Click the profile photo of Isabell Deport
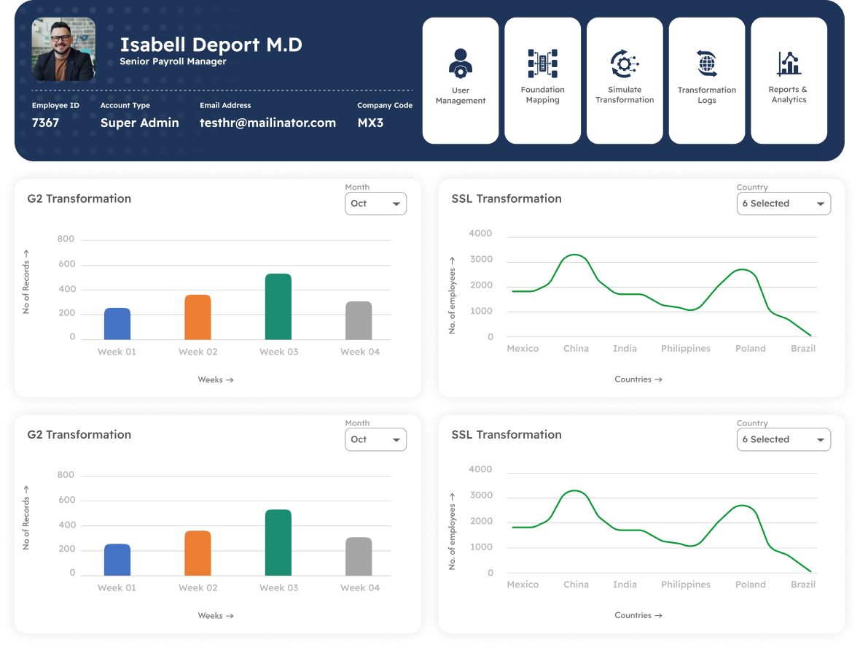click(63, 50)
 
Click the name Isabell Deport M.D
click(211, 45)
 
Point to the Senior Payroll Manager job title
click(173, 62)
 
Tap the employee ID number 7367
click(45, 123)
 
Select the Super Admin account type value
click(139, 123)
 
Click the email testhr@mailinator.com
click(267, 123)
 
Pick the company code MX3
click(370, 123)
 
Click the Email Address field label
click(225, 105)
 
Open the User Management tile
click(461, 80)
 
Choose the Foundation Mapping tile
click(542, 80)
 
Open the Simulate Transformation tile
click(625, 80)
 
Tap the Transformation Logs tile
click(707, 80)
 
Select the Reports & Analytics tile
click(789, 80)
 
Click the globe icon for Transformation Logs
click(707, 63)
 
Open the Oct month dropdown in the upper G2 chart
click(375, 204)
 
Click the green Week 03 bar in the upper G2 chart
click(278, 306)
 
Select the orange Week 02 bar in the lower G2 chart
click(198, 553)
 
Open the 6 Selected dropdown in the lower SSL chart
click(783, 439)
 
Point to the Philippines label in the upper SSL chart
click(685, 349)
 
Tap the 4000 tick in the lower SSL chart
click(480, 469)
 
